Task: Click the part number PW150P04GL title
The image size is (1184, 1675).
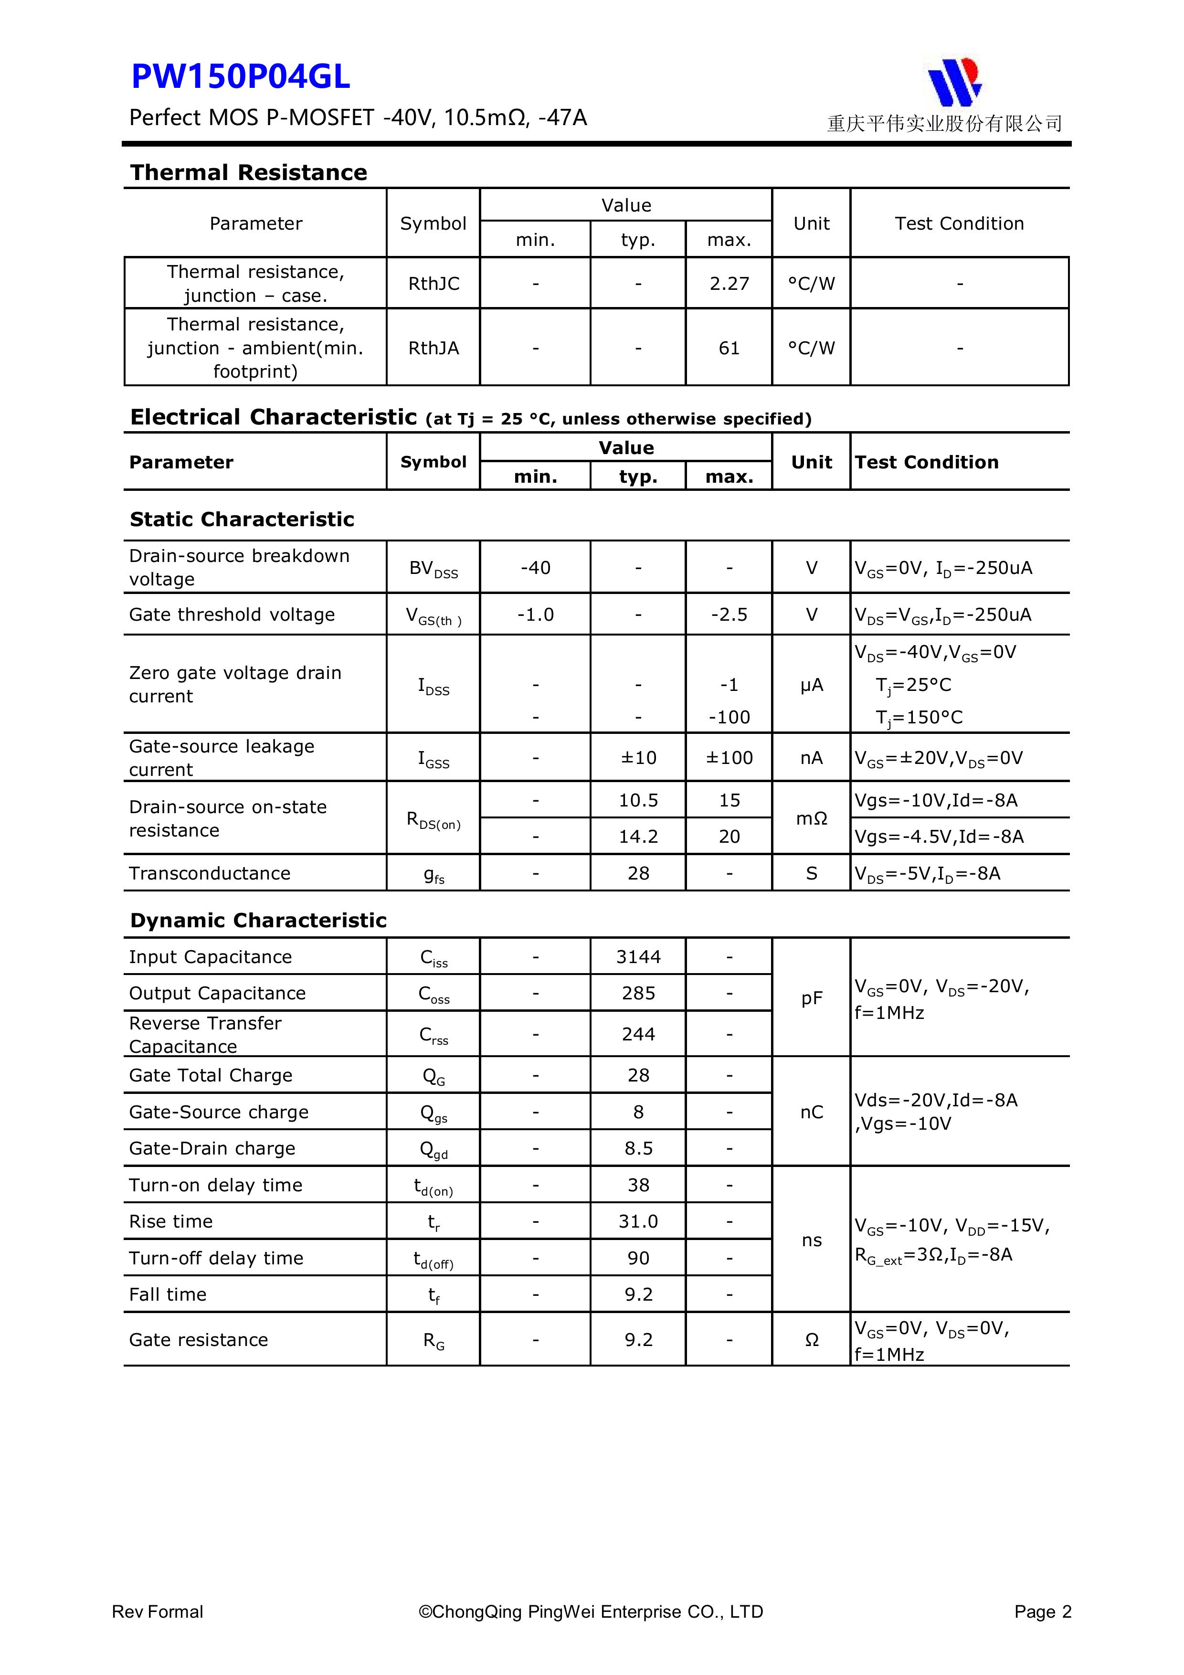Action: [240, 76]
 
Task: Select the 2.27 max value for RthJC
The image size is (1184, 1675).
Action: [729, 284]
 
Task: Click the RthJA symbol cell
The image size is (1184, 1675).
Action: [433, 348]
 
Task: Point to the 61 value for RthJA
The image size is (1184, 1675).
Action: [729, 348]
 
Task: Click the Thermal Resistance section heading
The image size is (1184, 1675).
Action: [248, 172]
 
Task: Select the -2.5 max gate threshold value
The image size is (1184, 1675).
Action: [729, 614]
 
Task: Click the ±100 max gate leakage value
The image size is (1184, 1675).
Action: [729, 758]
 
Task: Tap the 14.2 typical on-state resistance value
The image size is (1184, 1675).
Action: [638, 836]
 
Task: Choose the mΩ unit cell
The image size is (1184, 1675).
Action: [811, 818]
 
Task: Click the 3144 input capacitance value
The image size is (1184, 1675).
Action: [638, 956]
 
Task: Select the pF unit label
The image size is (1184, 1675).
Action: [811, 998]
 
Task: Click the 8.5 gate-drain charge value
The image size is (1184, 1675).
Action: [638, 1148]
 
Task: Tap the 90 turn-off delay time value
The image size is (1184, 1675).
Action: [638, 1258]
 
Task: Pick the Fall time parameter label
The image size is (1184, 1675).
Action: [168, 1294]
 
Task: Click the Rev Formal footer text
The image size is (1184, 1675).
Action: [158, 1611]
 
